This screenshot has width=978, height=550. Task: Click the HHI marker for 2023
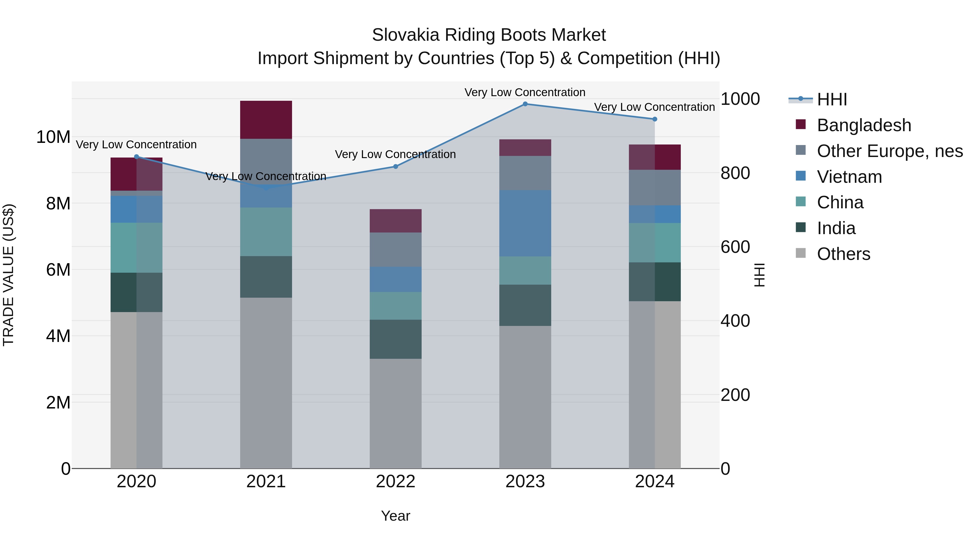tap(525, 104)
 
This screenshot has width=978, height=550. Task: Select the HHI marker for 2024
tap(654, 119)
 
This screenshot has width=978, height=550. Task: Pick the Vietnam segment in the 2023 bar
tap(525, 223)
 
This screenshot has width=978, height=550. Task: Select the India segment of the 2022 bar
tap(396, 339)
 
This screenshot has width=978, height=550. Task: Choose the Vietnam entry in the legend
tap(849, 177)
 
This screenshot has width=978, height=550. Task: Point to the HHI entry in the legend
tap(832, 99)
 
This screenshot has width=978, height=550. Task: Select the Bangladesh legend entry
tap(864, 125)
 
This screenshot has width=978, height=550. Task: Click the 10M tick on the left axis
tap(53, 137)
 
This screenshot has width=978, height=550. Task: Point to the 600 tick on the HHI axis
tap(735, 247)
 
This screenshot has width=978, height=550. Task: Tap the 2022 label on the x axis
tap(396, 482)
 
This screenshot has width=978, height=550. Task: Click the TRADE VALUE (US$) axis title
tap(8, 275)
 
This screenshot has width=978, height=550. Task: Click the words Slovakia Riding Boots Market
tap(489, 35)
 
